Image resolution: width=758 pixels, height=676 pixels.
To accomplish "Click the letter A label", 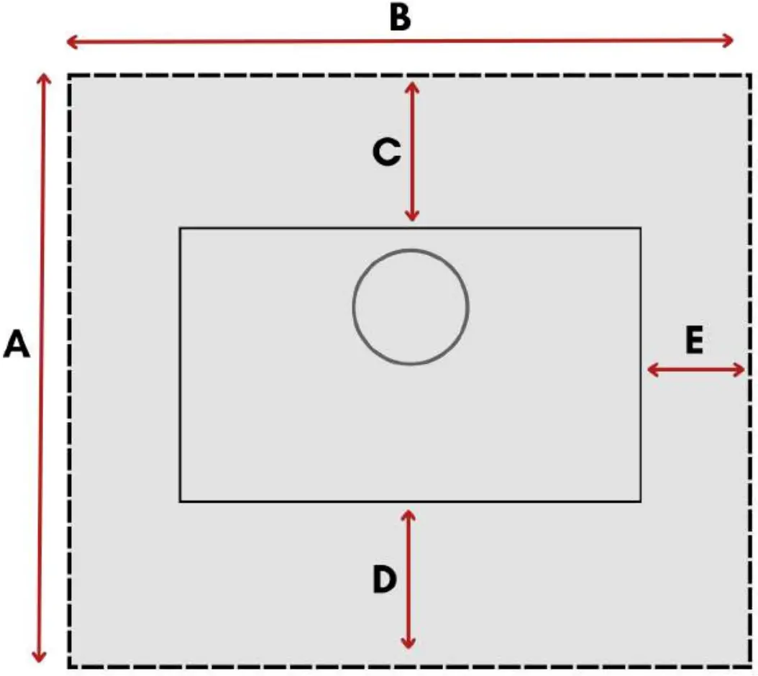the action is click(17, 344).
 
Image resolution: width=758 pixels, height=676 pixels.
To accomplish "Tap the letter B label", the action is click(400, 19).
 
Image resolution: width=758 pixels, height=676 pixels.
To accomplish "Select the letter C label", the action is click(386, 152).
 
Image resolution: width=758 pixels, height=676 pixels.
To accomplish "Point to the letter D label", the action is click(385, 580).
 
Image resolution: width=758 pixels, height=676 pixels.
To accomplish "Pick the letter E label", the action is click(693, 342).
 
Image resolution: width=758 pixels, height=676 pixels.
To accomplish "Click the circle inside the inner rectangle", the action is click(411, 307).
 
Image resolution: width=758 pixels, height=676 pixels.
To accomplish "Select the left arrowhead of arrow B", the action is click(70, 42).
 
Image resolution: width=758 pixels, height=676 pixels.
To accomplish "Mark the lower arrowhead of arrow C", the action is click(411, 216).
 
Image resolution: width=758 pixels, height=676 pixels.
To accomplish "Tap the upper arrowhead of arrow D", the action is click(408, 514).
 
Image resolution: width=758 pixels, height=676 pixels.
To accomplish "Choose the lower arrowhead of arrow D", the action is click(408, 644).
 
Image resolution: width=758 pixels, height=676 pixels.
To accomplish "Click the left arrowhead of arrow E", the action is click(652, 370).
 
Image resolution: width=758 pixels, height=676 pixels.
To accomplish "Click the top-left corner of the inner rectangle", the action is click(181, 229).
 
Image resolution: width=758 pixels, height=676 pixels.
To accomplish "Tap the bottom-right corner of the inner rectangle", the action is click(639, 501).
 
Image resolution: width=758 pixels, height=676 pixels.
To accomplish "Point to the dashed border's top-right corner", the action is click(747, 76).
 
